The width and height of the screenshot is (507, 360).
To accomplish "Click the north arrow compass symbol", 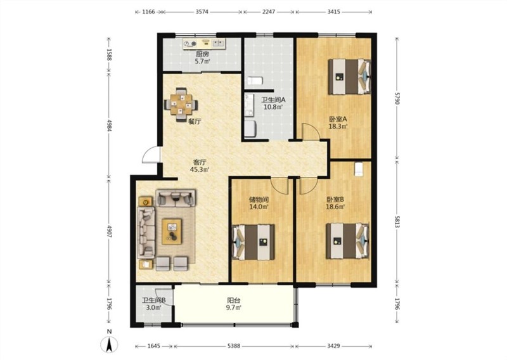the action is [109, 344].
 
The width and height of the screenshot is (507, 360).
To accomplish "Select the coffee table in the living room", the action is [172, 231].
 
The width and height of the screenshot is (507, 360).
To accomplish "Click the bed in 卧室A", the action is [350, 77].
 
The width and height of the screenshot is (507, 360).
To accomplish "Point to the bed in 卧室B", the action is [347, 241].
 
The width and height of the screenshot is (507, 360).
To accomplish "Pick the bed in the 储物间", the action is [253, 242].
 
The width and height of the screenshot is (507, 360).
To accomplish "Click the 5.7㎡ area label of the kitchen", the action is [202, 61].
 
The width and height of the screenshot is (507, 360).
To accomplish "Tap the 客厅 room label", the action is [200, 162].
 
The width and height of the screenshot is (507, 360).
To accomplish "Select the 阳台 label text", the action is [234, 300].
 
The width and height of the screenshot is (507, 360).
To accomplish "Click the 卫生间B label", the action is [154, 300].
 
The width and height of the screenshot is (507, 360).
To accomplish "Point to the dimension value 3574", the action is [202, 12].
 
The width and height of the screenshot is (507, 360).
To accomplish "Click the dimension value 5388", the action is [234, 346].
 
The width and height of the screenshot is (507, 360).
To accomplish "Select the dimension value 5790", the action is [397, 98].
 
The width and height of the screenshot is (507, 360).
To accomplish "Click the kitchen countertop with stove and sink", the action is [204, 44].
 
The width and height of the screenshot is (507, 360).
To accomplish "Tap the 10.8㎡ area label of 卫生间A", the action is [274, 107].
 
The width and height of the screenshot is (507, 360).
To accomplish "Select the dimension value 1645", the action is [154, 346].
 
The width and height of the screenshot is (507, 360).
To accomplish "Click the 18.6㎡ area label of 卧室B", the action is [335, 207].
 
